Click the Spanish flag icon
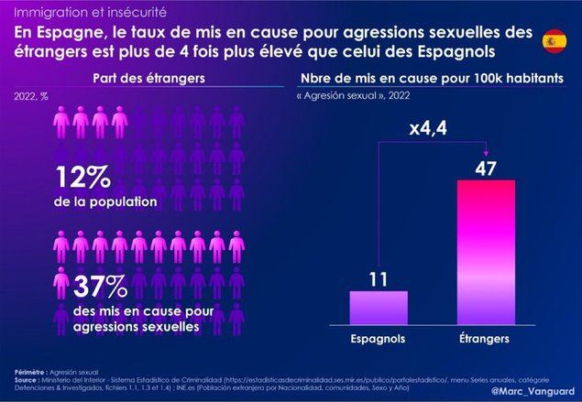[555, 39]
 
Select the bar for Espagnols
[378, 306]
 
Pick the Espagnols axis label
[378, 339]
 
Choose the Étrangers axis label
[483, 339]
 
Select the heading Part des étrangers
[149, 79]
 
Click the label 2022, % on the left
[31, 95]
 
